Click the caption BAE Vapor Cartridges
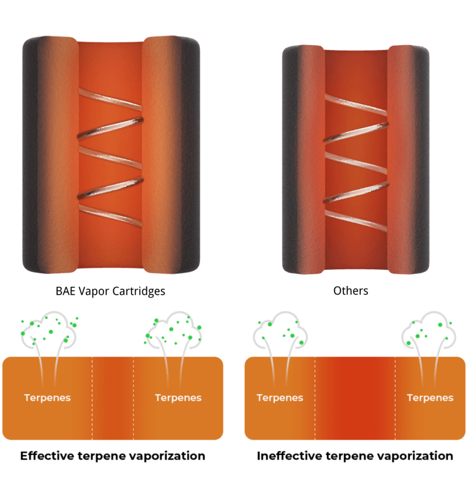pos(110,291)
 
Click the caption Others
pos(350,291)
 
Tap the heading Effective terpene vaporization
pos(113,456)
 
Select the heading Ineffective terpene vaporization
pos(355,456)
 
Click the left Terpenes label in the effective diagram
pos(48,398)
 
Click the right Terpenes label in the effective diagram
pos(178,398)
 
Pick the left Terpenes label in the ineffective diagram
pos(280,398)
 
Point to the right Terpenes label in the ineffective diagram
pos(430,398)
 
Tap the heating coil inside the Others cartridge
pos(355,162)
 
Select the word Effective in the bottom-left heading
pos(47,456)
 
